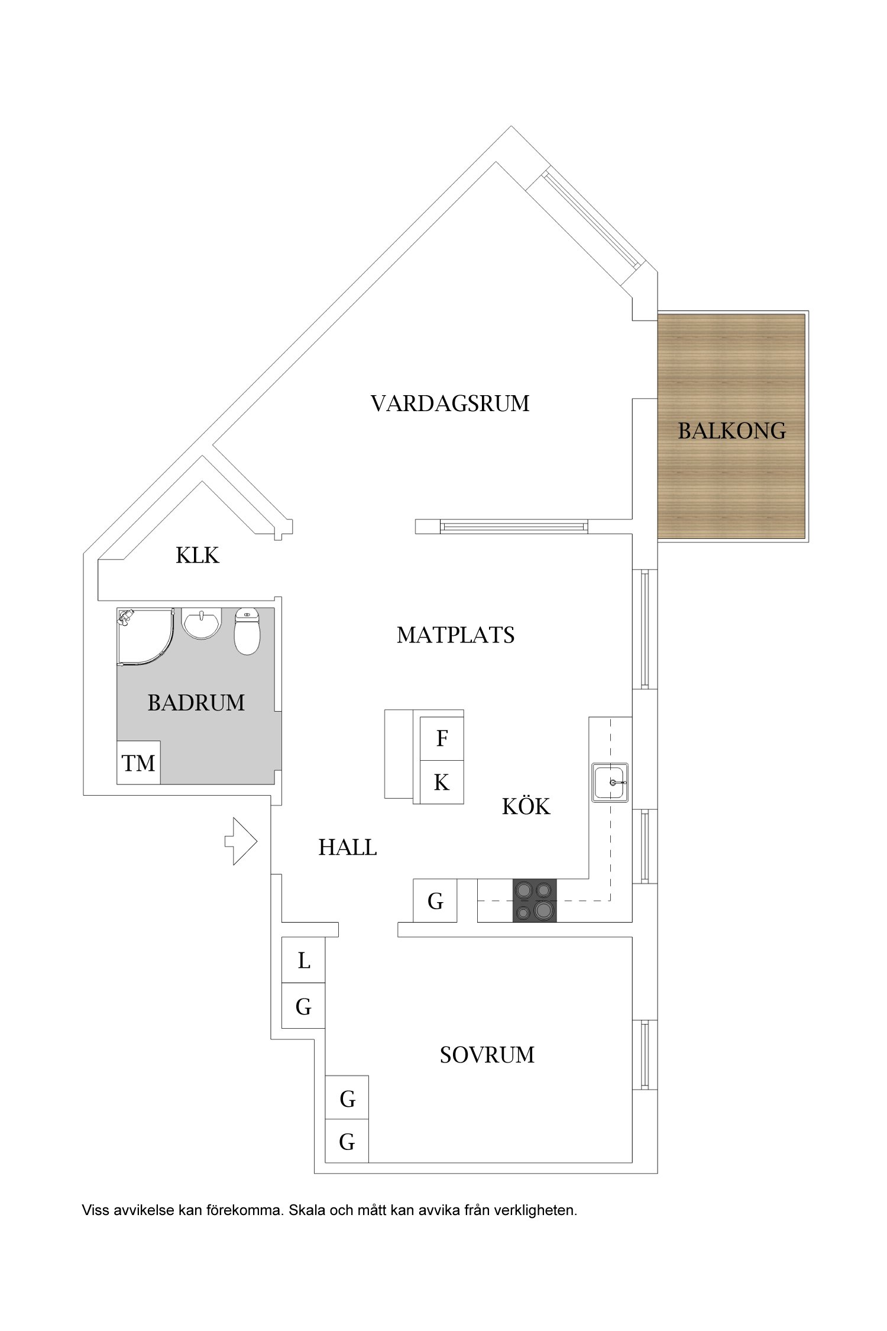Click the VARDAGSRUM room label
click(450, 403)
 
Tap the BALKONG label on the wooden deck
click(732, 431)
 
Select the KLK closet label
click(198, 555)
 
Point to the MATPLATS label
click(455, 635)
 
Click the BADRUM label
click(196, 703)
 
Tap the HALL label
click(348, 848)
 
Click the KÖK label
click(526, 807)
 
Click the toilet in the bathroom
click(247, 632)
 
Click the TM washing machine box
click(138, 763)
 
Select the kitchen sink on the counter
click(610, 782)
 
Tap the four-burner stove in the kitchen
click(535, 900)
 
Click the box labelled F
click(442, 738)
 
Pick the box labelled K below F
click(442, 783)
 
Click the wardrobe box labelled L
click(303, 961)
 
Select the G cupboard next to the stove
click(435, 901)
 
